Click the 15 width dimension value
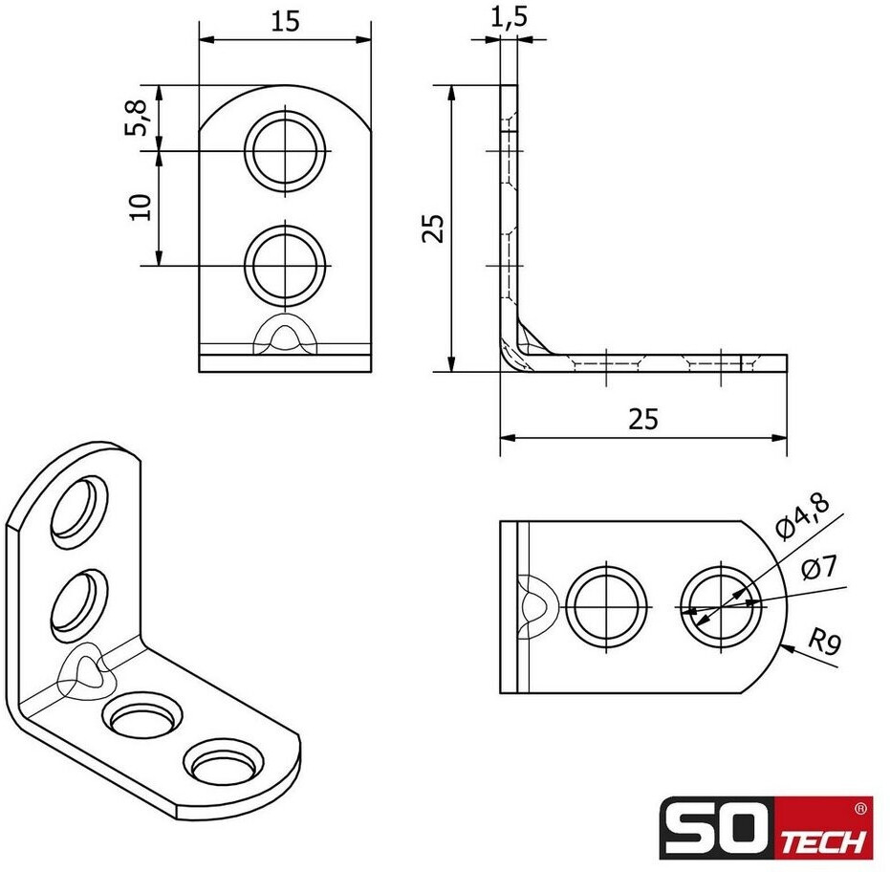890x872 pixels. (x=285, y=22)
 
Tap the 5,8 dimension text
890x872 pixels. (x=137, y=118)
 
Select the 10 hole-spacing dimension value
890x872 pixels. (x=141, y=207)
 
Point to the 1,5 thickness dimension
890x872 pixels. (x=509, y=17)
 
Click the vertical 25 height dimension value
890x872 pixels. (x=432, y=229)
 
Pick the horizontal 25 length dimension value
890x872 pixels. (x=643, y=419)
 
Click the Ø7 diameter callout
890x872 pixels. (x=819, y=568)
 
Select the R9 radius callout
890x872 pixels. (x=824, y=643)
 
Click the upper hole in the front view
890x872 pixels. (x=287, y=150)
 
